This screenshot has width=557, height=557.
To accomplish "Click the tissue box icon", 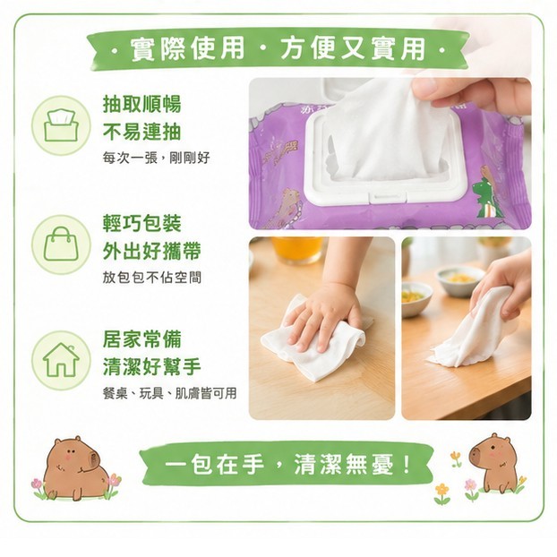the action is click(61, 125).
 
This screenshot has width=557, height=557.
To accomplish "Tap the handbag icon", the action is click(61, 244).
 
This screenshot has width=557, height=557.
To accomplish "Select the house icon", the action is click(61, 359).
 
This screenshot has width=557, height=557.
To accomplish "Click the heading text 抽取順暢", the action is click(142, 104).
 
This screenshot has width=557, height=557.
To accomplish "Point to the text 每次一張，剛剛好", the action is click(157, 158).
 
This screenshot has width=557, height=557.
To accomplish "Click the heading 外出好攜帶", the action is click(152, 251).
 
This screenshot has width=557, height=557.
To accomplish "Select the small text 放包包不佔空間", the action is click(152, 277).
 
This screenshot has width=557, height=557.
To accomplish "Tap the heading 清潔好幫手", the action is click(152, 366).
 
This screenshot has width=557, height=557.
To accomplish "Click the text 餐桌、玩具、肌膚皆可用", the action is click(170, 393).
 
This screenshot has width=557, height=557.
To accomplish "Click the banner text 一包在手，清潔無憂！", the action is click(287, 464).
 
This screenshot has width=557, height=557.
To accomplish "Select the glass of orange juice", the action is click(297, 250).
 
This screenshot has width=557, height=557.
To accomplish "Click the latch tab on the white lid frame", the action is click(388, 197).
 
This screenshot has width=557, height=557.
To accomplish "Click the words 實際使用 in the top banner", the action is click(187, 48).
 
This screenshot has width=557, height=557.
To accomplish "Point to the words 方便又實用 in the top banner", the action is click(353, 48).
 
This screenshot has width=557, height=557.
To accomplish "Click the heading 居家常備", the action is click(142, 338).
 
